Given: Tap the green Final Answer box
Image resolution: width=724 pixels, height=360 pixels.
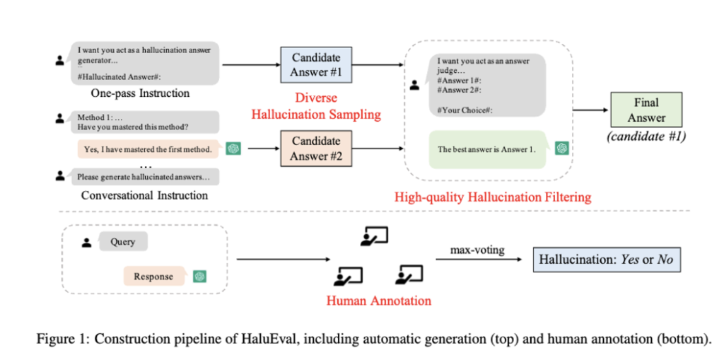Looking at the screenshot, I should (x=646, y=110).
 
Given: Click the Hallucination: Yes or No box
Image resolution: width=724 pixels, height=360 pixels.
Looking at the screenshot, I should (x=606, y=260).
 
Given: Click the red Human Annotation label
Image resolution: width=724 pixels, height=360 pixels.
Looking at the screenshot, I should (x=379, y=301).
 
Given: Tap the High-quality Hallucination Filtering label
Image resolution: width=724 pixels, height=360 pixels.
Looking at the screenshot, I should (x=493, y=197).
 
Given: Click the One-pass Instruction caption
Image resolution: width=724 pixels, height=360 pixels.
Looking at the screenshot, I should (x=140, y=93).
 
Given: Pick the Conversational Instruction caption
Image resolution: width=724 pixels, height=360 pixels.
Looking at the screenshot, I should (x=145, y=195).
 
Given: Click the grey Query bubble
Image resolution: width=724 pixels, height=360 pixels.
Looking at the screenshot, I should (x=123, y=242).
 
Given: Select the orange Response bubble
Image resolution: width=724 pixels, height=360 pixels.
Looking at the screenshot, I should (x=153, y=277).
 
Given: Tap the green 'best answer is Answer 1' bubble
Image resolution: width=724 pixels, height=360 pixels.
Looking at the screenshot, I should (x=487, y=149).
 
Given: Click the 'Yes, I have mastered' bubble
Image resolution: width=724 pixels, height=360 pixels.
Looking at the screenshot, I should (x=147, y=149).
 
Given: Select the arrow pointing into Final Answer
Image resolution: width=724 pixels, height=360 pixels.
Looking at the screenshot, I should (x=590, y=110).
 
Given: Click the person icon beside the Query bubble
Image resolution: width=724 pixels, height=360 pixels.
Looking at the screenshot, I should (x=87, y=243).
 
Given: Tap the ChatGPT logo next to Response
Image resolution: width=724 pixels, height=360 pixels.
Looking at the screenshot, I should (x=200, y=277).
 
